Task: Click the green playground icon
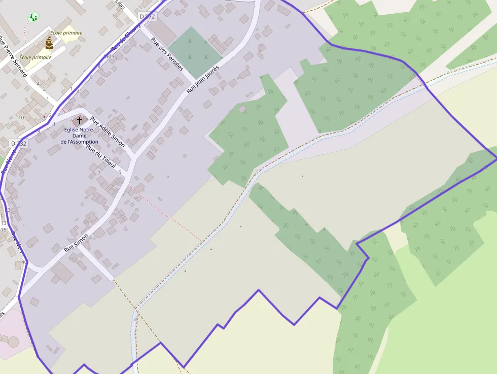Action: click(33, 17)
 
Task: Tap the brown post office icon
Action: click(49, 43)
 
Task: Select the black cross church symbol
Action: click(79, 121)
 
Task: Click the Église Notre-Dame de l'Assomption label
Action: click(80, 135)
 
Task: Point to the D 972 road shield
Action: click(147, 17)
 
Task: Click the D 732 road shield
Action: click(19, 144)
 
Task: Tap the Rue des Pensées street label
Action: click(167, 54)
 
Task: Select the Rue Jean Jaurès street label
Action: click(202, 79)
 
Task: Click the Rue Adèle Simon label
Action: click(108, 132)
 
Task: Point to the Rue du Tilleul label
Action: click(101, 156)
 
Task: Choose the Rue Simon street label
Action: click(76, 243)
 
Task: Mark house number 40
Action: click(24, 262)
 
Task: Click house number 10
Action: click(21, 118)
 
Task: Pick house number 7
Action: click(99, 173)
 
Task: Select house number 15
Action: click(4, 230)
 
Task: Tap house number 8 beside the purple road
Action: click(99, 66)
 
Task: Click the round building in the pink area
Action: click(13, 342)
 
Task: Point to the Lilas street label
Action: click(120, 5)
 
